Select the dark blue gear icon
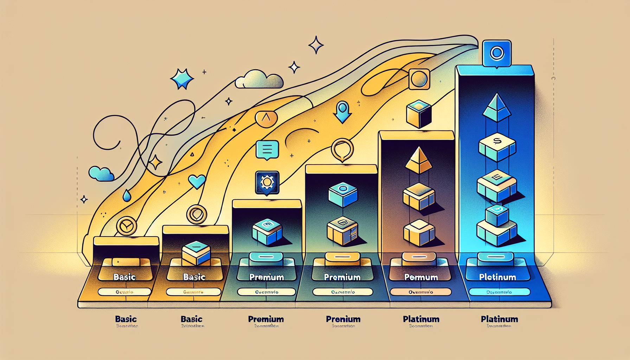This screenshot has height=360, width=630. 268,183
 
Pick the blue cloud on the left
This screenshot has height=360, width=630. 101,173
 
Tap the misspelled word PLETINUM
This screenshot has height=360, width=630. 497,277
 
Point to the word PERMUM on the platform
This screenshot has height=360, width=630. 421,277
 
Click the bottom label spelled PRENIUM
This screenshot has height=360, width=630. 343,319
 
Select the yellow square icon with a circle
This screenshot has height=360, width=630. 418,79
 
